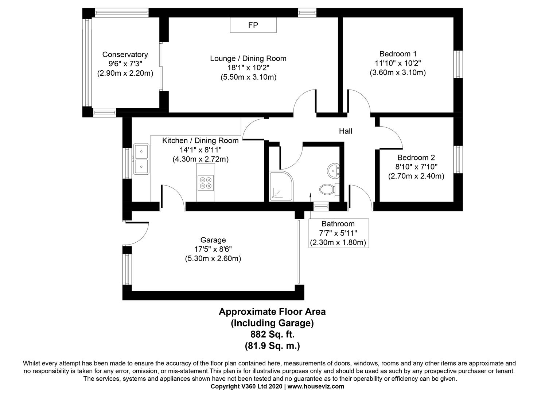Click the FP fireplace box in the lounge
click(253, 25)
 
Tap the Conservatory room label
click(125, 55)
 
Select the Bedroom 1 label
click(398, 54)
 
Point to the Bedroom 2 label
click(416, 158)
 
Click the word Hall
click(345, 131)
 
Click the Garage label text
click(213, 240)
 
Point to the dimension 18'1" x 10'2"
click(248, 68)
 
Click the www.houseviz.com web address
click(316, 386)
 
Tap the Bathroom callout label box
click(338, 233)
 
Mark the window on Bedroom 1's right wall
click(458, 64)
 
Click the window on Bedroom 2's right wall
click(458, 159)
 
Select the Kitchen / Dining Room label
click(200, 140)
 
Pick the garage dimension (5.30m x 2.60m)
click(213, 259)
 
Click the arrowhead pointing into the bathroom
click(310, 195)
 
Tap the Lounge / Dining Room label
click(248, 58)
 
